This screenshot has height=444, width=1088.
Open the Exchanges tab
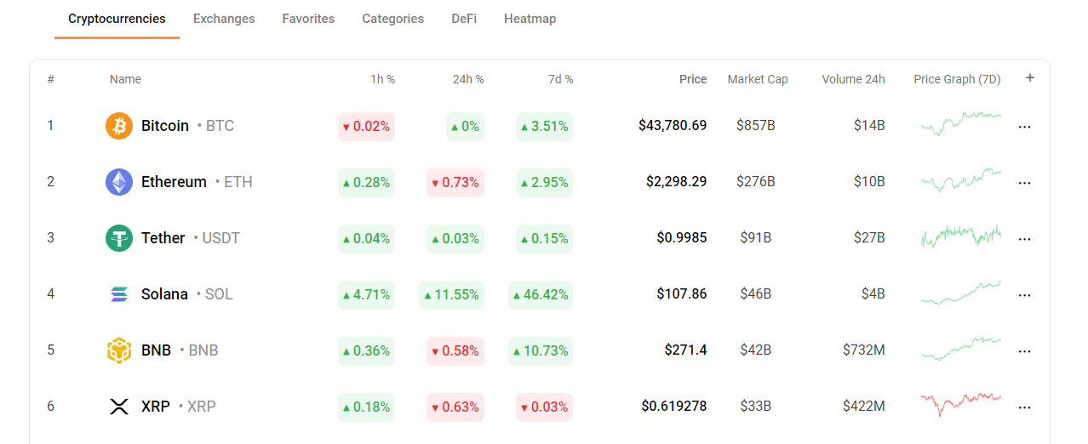tap(224, 19)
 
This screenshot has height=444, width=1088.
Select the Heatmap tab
tap(530, 19)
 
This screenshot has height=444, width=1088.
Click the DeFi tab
tap(464, 19)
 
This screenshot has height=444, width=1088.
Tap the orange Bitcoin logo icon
tap(119, 126)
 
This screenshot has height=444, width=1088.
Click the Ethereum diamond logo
tap(119, 182)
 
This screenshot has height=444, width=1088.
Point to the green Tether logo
tap(119, 238)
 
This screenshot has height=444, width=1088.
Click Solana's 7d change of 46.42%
tap(541, 295)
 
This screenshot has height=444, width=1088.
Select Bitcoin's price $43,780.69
tap(672, 126)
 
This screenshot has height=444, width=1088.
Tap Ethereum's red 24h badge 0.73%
tap(455, 183)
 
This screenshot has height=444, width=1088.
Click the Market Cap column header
tap(757, 79)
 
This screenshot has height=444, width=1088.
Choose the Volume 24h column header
tap(853, 79)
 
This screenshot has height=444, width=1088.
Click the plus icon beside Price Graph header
tap(1030, 78)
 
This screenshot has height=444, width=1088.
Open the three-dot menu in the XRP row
tap(1024, 407)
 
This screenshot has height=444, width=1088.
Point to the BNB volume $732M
tap(863, 350)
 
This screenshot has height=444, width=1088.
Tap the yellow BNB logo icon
tap(119, 350)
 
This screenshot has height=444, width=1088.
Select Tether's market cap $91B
tap(755, 238)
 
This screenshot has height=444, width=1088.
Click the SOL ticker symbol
tap(219, 294)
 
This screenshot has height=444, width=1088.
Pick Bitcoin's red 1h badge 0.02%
tap(366, 127)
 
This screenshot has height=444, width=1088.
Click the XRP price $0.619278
tap(673, 407)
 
